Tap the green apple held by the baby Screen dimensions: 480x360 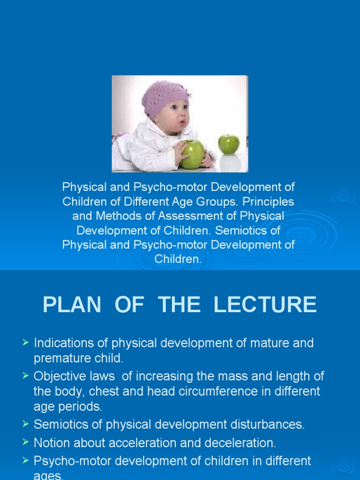click(193, 154)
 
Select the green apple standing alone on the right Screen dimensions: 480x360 click(229, 144)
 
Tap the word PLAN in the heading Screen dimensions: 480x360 click(72, 305)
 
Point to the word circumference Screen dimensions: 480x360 click(222, 391)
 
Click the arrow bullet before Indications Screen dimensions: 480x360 click(26, 343)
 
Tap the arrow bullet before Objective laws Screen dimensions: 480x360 click(26, 376)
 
